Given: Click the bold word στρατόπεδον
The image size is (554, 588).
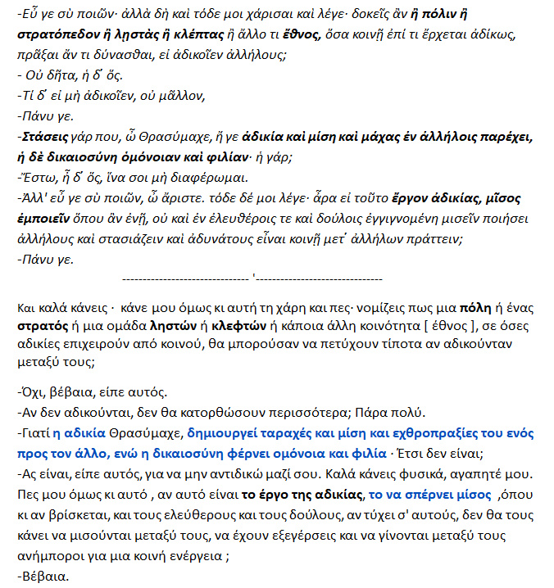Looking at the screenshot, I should pos(55,34).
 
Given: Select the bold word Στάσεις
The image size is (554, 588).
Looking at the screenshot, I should pos(43,136).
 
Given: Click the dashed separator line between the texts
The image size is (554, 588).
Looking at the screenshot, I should pos(252,280).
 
